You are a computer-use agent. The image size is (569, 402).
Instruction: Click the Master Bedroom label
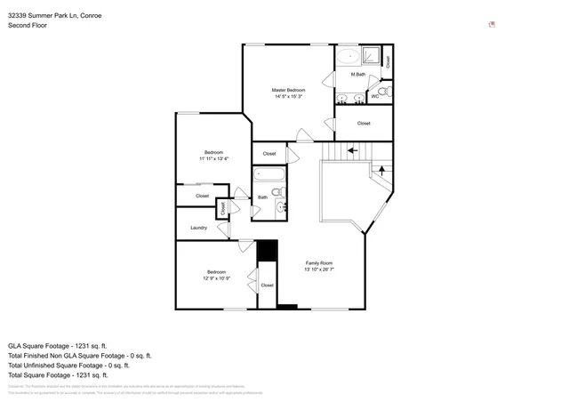(288, 90)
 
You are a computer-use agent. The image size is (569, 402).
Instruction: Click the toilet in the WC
(382, 92)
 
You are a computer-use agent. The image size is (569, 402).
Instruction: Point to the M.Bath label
(357, 75)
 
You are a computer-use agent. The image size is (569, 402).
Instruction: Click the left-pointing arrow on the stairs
(352, 150)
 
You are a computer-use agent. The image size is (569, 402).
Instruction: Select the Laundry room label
(199, 228)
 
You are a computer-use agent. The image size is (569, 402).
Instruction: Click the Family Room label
(318, 262)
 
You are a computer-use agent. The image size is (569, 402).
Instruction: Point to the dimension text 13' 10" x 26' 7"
(318, 269)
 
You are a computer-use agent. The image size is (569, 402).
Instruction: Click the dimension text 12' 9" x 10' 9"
(217, 278)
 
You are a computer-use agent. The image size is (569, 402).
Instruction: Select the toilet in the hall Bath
(276, 192)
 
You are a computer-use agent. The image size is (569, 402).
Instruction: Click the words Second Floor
(28, 26)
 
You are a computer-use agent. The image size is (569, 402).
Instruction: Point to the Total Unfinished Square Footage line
(68, 366)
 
